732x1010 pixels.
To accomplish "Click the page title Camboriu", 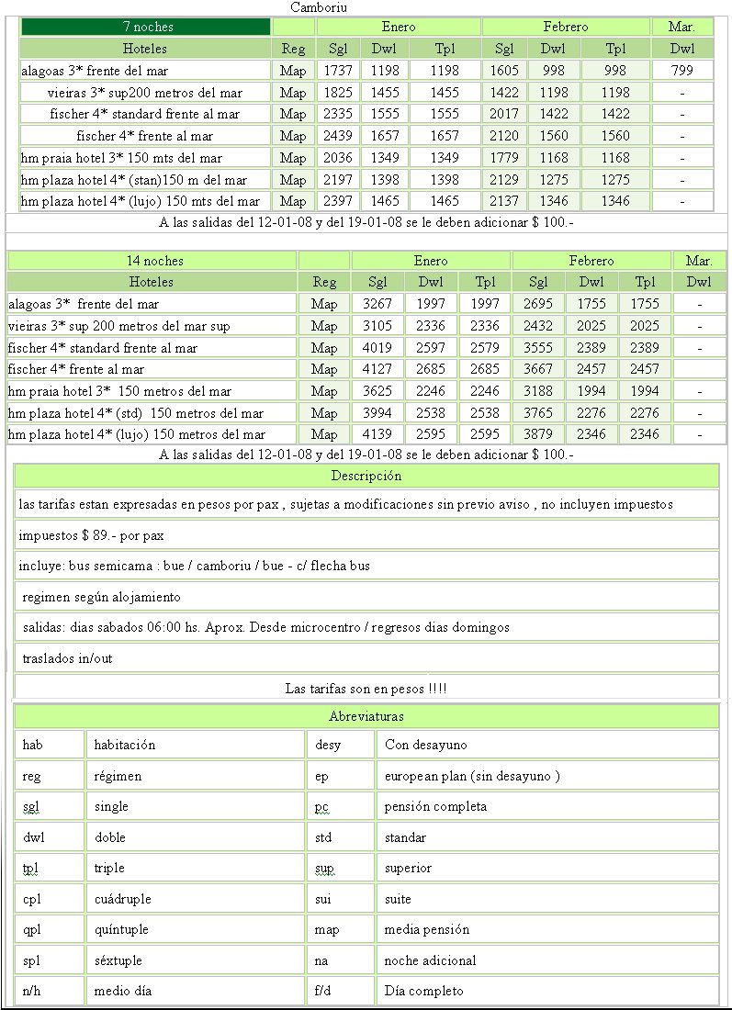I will [x=319, y=7].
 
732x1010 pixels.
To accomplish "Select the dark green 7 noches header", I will [x=147, y=27].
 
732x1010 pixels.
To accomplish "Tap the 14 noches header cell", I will [x=152, y=261].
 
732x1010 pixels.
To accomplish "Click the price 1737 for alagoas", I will [x=339, y=70].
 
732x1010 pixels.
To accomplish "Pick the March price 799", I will [x=682, y=70].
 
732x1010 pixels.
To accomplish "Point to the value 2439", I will [x=339, y=136].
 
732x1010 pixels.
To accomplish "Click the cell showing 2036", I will [x=339, y=158].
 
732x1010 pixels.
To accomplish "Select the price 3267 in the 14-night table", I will [x=378, y=304].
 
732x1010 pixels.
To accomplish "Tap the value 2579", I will [x=485, y=348].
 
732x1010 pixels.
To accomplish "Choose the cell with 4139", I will [x=378, y=434].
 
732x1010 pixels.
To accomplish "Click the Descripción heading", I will [x=366, y=476].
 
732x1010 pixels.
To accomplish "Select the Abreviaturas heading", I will [x=366, y=716].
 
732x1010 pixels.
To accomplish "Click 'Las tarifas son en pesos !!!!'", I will [x=366, y=688].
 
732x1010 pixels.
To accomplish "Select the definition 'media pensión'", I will [x=427, y=929].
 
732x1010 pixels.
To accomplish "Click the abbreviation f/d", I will [x=324, y=991].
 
